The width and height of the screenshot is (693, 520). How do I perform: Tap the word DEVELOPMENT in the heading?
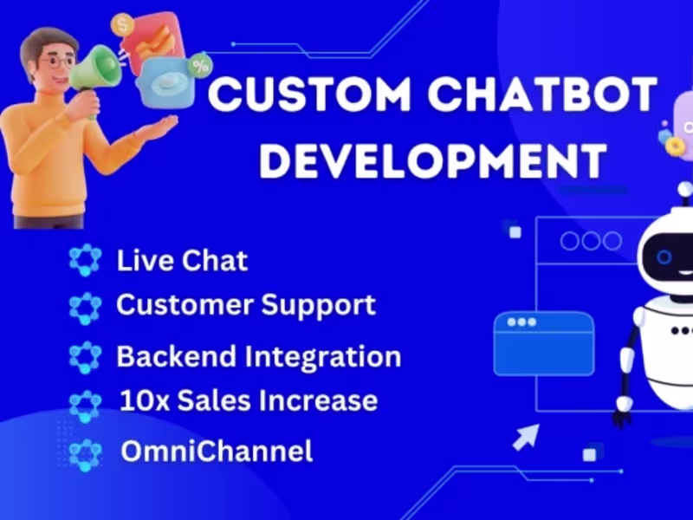(x=433, y=160)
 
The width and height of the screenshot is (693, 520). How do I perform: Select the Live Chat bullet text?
(x=182, y=261)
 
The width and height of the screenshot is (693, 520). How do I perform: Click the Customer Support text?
(x=246, y=305)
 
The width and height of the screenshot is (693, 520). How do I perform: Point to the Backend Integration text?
(x=258, y=356)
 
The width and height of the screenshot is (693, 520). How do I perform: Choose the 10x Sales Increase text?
(x=248, y=401)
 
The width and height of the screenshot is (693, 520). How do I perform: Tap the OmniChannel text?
(x=216, y=452)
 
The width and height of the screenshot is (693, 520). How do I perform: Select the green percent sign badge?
(x=202, y=65)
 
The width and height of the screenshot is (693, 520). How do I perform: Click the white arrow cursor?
(x=523, y=438)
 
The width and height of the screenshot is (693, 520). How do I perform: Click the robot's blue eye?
(x=664, y=257)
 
